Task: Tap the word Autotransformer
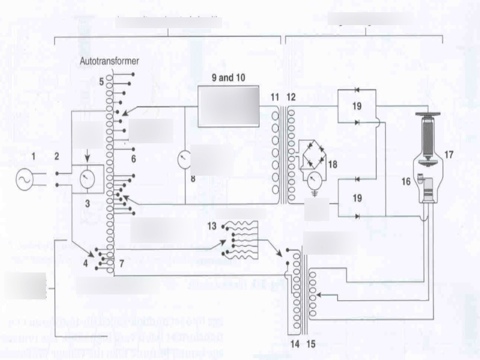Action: click(x=110, y=61)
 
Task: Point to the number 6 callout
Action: click(x=132, y=157)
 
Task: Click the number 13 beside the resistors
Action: click(x=211, y=226)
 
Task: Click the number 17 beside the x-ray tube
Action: click(x=449, y=154)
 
